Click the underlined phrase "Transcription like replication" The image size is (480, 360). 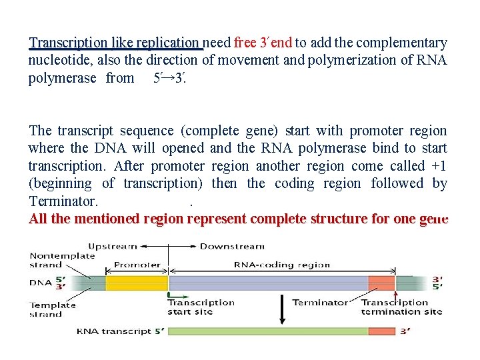tap(115, 43)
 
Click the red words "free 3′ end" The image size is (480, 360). tap(263, 43)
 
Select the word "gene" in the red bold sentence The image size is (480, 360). tap(433, 219)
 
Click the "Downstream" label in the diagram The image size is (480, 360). tap(229, 246)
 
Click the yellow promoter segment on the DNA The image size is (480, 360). tap(137, 283)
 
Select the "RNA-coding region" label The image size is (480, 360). tap(281, 265)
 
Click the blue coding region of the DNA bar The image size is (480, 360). tap(267, 283)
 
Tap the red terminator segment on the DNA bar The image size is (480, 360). tap(381, 283)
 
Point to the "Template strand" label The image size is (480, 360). tap(53, 309)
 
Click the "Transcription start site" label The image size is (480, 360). tap(201, 307)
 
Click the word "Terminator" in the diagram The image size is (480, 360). tap(321, 302)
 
